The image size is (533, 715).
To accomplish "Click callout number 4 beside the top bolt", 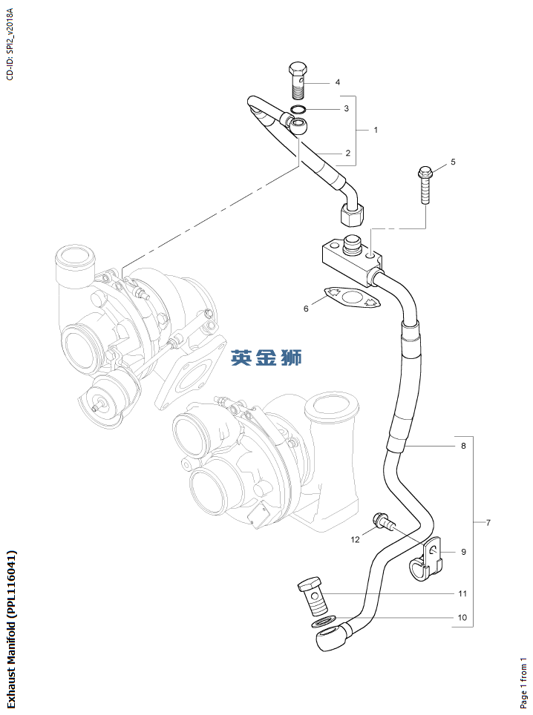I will click(x=337, y=82).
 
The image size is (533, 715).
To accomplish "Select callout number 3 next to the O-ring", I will click(x=346, y=109).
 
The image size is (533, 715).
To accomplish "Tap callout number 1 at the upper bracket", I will click(x=376, y=131).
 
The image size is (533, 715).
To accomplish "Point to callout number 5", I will click(x=453, y=162).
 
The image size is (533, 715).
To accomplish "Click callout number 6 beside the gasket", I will click(x=305, y=309).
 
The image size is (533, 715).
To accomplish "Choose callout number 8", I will click(x=463, y=447).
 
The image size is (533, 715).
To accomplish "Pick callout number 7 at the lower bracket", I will click(x=488, y=524).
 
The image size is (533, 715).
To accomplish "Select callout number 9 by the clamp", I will click(x=463, y=552).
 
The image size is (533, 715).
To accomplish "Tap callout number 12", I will click(x=355, y=539).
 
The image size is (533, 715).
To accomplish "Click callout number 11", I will click(x=462, y=594).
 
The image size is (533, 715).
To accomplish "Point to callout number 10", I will click(x=462, y=617).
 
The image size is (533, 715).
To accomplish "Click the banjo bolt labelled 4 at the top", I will click(x=298, y=80).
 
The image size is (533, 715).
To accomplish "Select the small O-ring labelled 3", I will click(x=298, y=111).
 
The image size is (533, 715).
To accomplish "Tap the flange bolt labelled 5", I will click(x=425, y=185).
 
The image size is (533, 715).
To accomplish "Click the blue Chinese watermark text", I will click(x=266, y=357).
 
